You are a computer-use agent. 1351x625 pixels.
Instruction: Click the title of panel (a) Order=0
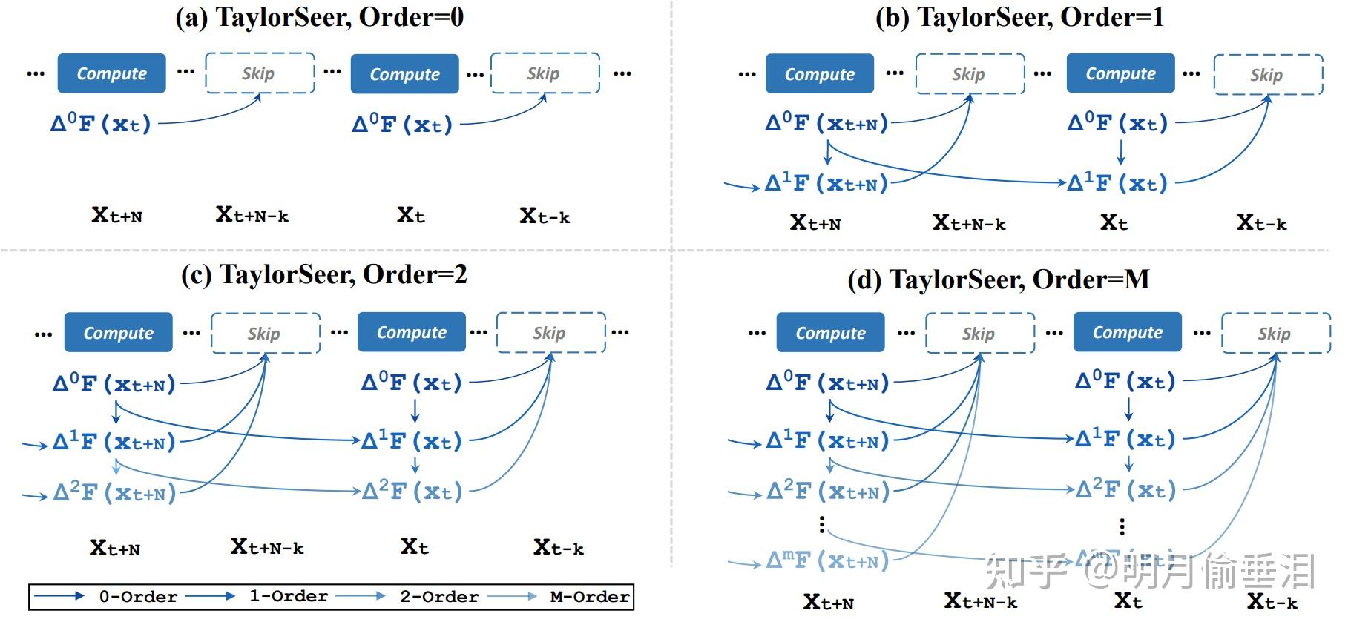(319, 17)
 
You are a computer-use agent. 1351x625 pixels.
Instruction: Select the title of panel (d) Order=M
(998, 280)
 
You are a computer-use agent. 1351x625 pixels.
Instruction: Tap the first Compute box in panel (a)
(112, 73)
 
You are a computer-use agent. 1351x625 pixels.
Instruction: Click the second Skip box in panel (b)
(1268, 75)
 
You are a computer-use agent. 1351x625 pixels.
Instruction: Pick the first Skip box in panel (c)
(265, 333)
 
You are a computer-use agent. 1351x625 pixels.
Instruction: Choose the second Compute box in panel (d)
(1127, 333)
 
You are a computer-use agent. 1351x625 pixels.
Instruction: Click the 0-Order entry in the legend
(138, 597)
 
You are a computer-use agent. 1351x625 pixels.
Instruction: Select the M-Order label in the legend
(590, 597)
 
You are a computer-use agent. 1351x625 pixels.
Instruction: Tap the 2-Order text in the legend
(438, 597)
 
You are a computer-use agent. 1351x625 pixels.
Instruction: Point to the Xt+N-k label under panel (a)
(252, 216)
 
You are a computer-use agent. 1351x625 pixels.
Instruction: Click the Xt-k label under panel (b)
(1261, 223)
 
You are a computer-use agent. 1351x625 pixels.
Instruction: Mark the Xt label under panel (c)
(414, 548)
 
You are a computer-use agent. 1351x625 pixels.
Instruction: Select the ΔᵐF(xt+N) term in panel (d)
(827, 561)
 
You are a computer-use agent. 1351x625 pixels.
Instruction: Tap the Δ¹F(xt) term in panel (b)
(1117, 183)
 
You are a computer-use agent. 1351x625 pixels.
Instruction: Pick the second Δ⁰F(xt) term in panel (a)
(402, 124)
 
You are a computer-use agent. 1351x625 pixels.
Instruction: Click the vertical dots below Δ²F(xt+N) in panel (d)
(821, 525)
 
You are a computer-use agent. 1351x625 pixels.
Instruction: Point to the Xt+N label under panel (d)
(828, 603)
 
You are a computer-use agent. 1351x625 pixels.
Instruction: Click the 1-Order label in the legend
(288, 597)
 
